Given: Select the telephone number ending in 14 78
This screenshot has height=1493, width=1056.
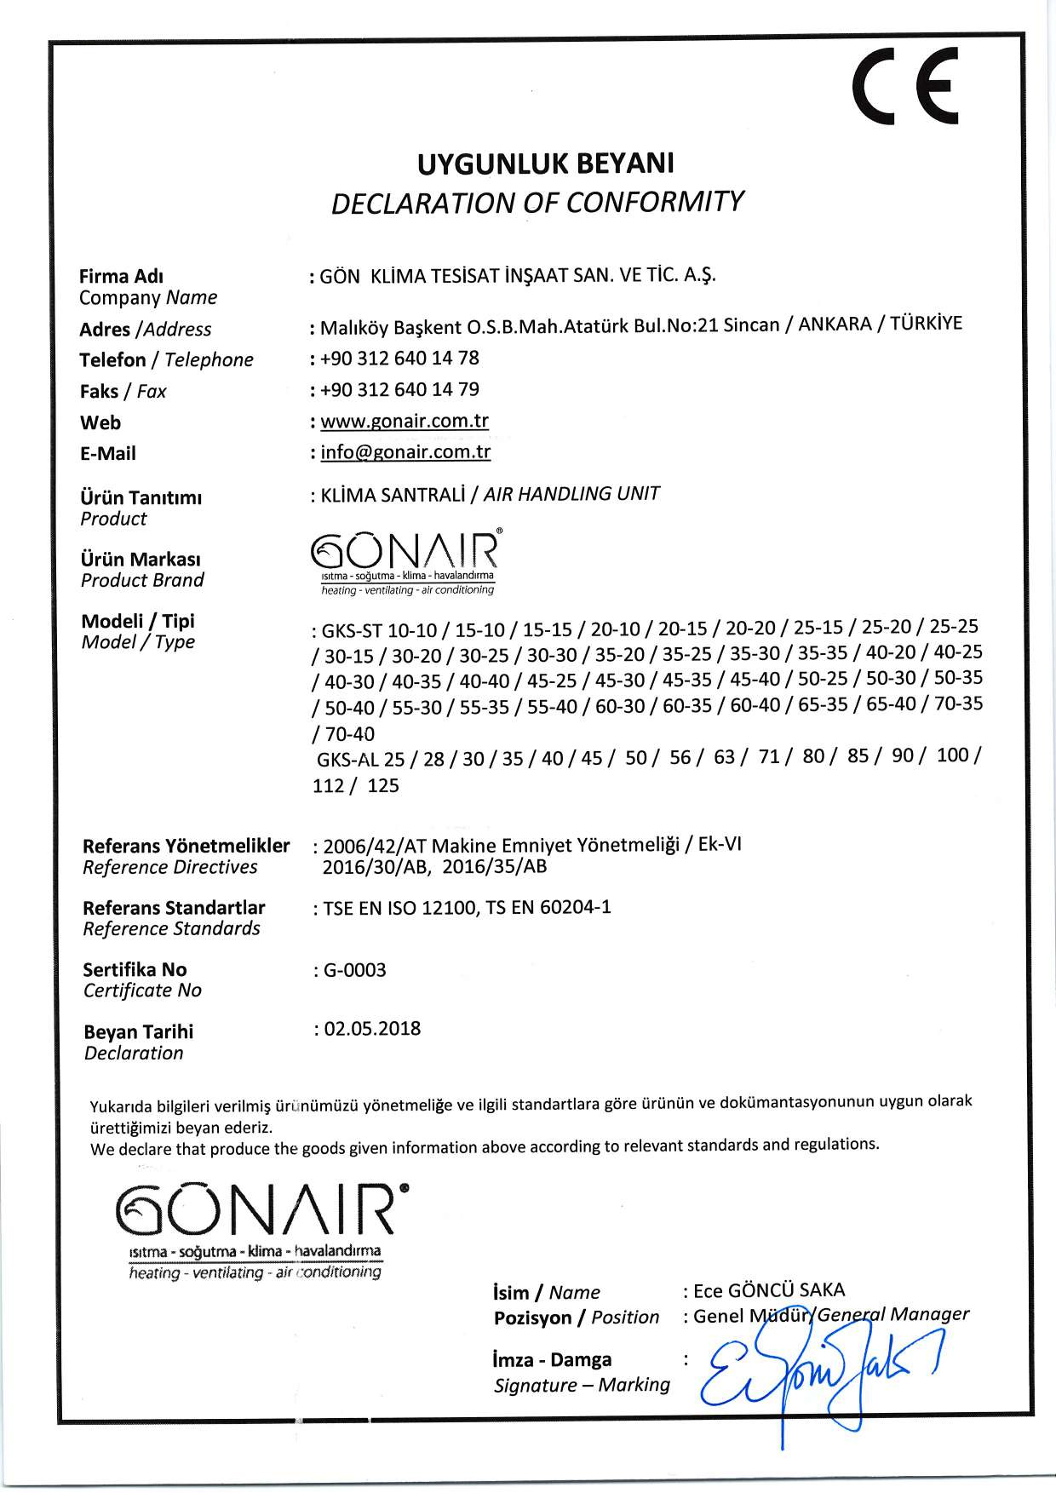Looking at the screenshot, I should [400, 359].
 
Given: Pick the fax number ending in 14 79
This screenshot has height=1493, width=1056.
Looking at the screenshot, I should [400, 390].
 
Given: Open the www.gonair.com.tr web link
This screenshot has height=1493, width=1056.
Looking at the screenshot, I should [405, 421].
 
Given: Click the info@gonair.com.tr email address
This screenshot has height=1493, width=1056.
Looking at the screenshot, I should [405, 452].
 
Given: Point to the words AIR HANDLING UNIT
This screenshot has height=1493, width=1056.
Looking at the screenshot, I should [571, 494].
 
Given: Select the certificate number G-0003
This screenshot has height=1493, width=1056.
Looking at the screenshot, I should [354, 970].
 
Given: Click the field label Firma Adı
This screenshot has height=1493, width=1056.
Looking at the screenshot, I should [122, 276].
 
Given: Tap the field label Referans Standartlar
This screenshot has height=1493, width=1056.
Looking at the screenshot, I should [174, 908].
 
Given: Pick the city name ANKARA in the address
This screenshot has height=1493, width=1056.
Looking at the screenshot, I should [834, 326].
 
